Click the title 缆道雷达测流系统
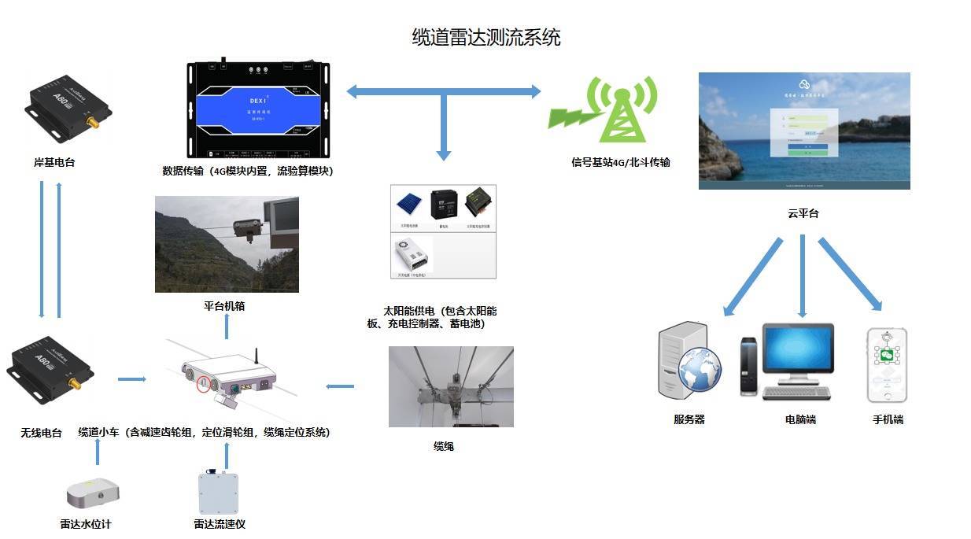[x=485, y=37]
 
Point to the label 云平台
[x=803, y=213]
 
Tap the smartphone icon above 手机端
[x=887, y=366]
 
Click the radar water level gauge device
[x=92, y=493]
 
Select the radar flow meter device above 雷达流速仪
[x=218, y=493]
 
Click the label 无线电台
[x=41, y=433]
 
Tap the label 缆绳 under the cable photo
[x=443, y=446]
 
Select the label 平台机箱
[x=224, y=306]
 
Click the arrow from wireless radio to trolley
[x=131, y=380]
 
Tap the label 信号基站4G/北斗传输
[x=620, y=163]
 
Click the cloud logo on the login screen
[x=803, y=84]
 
